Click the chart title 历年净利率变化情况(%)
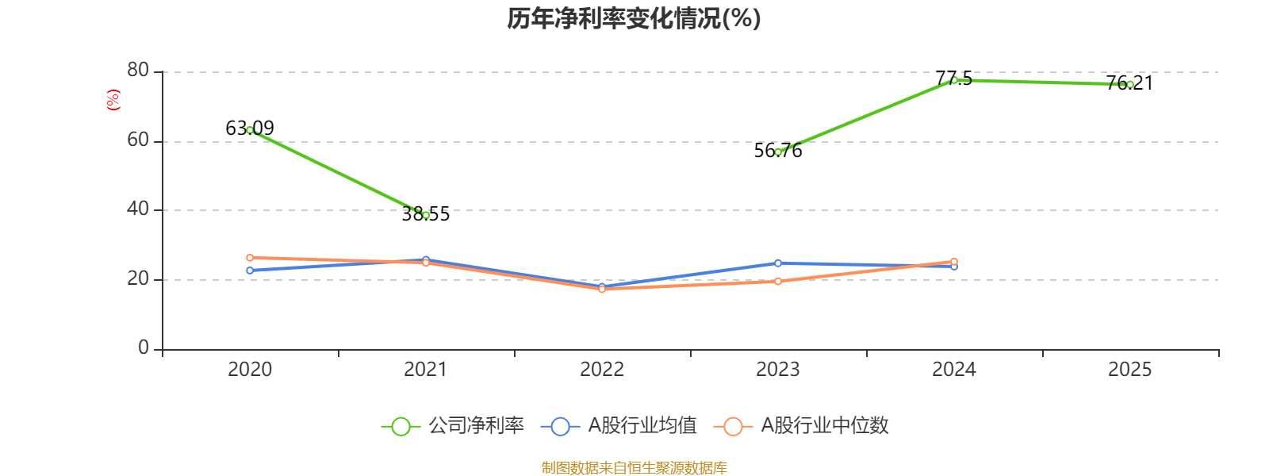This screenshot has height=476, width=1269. coord(634,18)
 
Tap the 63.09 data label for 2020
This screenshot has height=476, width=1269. coord(250,128)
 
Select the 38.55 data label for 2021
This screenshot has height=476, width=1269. coord(426,214)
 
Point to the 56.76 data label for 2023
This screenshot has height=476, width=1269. coord(778,151)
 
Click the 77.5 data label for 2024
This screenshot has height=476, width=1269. coord(953,78)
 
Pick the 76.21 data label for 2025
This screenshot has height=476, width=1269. coord(1129,83)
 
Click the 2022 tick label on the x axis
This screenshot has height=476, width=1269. coord(602,369)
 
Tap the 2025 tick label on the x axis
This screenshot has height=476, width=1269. coord(1129,369)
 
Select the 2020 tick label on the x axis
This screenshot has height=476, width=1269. coord(250,369)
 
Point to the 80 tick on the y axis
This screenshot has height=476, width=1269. coord(138,71)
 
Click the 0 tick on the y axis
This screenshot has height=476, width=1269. coord(144,348)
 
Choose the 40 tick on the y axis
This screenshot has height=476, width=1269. coord(138,209)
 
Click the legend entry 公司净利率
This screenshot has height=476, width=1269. coord(453,426)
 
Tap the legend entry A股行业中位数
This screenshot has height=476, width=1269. coord(802,426)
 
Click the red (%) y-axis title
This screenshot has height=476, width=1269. coord(113,100)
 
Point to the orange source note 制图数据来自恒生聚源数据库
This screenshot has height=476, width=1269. coord(634,468)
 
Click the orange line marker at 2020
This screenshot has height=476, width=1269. coord(250,258)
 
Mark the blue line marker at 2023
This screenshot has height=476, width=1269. coord(778,263)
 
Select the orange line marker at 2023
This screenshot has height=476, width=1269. coord(778,281)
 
